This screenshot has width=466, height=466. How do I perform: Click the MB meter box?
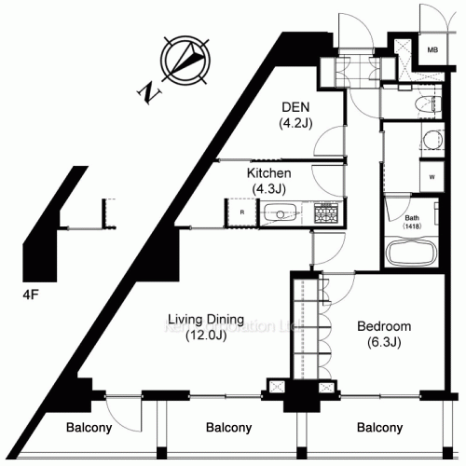pos(433,48)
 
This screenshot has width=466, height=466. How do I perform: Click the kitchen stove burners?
pos(326,212)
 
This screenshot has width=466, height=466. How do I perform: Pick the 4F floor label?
pos(31,295)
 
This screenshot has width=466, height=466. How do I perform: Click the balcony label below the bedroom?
pos(379,429)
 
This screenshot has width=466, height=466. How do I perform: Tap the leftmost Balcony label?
pos(89,429)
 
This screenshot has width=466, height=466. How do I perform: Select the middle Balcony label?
pos(227,429)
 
